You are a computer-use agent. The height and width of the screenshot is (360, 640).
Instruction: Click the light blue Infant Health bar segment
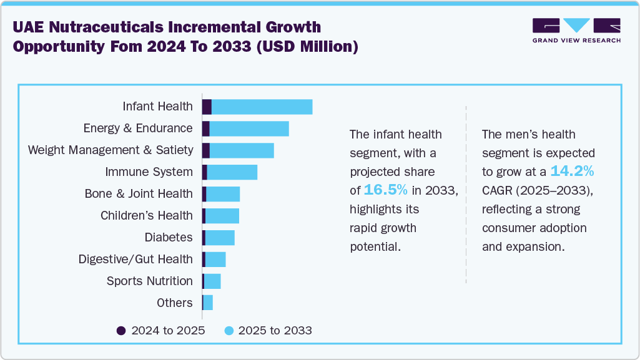pyautogui.click(x=262, y=107)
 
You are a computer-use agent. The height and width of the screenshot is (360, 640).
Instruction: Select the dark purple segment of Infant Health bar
pyautogui.click(x=207, y=107)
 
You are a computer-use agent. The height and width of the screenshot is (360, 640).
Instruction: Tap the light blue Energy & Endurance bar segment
pyautogui.click(x=249, y=129)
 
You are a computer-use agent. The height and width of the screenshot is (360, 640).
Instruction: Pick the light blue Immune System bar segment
pyautogui.click(x=232, y=172)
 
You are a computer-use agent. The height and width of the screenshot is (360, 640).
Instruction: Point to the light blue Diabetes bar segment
pyautogui.click(x=220, y=238)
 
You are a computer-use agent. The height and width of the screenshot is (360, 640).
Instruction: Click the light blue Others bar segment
pyautogui.click(x=208, y=303)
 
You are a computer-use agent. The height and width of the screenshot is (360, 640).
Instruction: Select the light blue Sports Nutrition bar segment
pyautogui.click(x=212, y=281)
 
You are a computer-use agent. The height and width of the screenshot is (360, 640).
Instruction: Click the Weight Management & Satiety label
pyautogui.click(x=110, y=150)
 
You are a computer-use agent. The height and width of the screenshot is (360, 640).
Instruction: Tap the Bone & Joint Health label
pyautogui.click(x=139, y=194)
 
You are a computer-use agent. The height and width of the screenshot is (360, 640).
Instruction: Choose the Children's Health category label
pyautogui.click(x=147, y=216)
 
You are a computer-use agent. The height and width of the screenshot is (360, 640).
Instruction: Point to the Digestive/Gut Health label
pyautogui.click(x=135, y=260)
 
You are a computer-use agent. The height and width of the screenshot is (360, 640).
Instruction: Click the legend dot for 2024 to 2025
pyautogui.click(x=121, y=331)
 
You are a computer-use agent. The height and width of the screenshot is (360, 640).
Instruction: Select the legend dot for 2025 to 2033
pyautogui.click(x=229, y=331)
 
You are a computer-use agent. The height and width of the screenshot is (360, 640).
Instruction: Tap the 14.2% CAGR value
pyautogui.click(x=572, y=171)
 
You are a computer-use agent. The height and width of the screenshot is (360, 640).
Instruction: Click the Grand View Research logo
pyautogui.click(x=576, y=31)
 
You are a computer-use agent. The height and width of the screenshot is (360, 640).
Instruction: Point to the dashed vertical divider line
pyautogui.click(x=466, y=193)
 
